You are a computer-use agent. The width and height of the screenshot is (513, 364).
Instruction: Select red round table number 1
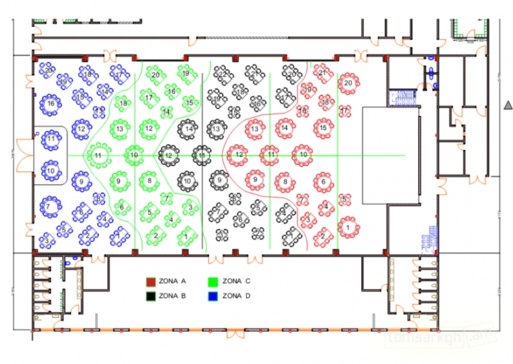(x=348, y=227)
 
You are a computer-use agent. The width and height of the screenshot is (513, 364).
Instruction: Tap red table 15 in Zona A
(x=323, y=129)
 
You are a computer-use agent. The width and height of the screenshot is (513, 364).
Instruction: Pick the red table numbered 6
(x=323, y=183)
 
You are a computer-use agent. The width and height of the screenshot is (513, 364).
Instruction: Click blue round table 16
(x=50, y=103)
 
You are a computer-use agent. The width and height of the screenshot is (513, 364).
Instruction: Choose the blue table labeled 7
(x=47, y=207)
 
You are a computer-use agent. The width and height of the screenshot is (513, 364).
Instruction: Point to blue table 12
(x=81, y=129)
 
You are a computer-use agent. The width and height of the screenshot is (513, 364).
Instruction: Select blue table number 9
(x=81, y=182)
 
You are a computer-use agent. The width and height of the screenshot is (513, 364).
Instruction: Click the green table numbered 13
(x=120, y=129)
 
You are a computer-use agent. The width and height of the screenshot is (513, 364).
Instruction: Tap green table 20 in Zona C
(x=155, y=75)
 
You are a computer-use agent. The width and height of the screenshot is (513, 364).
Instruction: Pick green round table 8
(x=149, y=182)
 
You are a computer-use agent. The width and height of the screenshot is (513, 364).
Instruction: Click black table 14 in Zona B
(x=188, y=129)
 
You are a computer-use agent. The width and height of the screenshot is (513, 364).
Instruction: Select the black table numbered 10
(x=187, y=182)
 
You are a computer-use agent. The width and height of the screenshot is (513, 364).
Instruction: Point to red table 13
(x=255, y=129)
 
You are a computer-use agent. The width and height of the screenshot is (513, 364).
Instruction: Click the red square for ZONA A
(x=151, y=281)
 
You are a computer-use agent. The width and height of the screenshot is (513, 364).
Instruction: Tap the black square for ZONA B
(x=151, y=296)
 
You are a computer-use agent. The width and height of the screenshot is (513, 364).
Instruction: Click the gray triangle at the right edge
(x=508, y=104)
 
